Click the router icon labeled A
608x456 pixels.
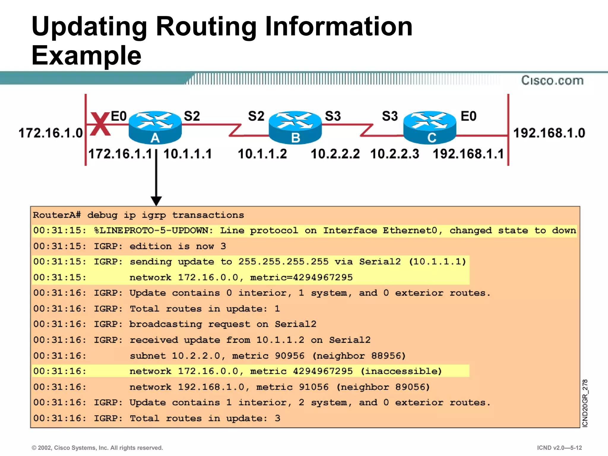pyautogui.click(x=155, y=127)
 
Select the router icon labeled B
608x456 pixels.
pyautogui.click(x=295, y=127)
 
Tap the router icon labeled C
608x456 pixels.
pyautogui.click(x=430, y=127)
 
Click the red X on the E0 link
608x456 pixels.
pyautogui.click(x=100, y=124)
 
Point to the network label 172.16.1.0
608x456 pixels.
pyautogui.click(x=50, y=133)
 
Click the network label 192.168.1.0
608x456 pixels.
pyautogui.click(x=549, y=133)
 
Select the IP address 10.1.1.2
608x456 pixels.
pyautogui.click(x=262, y=154)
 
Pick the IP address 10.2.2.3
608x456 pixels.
pyautogui.click(x=395, y=154)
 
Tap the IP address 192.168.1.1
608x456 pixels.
pyautogui.click(x=468, y=154)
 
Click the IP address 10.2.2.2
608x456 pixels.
pyautogui.click(x=335, y=154)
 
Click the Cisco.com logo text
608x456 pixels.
pyautogui.click(x=552, y=80)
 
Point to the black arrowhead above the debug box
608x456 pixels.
pyautogui.click(x=156, y=201)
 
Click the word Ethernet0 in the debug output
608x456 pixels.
pyautogui.click(x=410, y=231)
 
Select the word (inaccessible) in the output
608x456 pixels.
pyautogui.click(x=401, y=371)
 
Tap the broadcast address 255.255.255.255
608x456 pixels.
pyautogui.click(x=283, y=262)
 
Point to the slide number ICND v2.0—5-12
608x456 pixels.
pyautogui.click(x=559, y=448)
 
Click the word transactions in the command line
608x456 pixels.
pyautogui.click(x=208, y=215)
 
